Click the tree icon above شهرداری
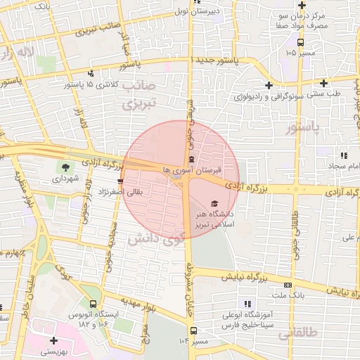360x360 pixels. [65, 167]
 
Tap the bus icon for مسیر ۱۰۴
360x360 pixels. [193, 329]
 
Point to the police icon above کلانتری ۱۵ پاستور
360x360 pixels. [91, 73]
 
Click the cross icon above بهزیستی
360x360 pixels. [53, 340]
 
